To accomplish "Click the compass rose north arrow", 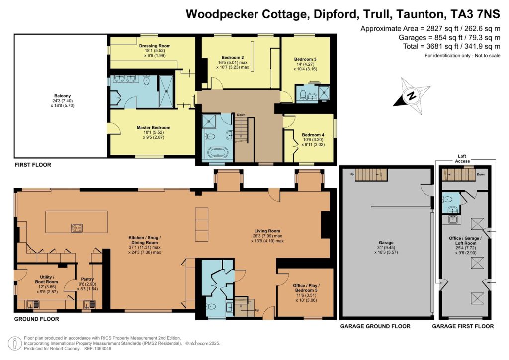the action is tap(412, 96).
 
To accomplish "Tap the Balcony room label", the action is tap(62, 96).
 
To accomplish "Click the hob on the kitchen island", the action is tap(77, 228).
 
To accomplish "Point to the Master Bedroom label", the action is tap(153, 128).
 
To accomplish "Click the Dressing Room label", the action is tap(155, 46).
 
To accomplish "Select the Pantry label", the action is tap(87, 279).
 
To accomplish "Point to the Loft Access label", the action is tap(462, 159).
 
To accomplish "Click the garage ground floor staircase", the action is tap(371, 175).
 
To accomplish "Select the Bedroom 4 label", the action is tap(313, 135).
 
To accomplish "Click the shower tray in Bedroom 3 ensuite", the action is tap(324, 92).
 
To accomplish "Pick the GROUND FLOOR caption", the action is tap(37, 319).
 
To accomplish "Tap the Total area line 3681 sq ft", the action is tap(451, 46).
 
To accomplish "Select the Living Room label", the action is tap(267, 231).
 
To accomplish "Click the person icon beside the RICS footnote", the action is tap(14, 344).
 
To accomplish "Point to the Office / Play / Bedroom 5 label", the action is tap(306, 288).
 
